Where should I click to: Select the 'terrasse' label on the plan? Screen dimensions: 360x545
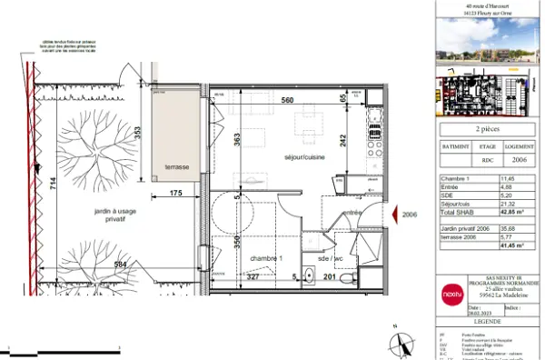170,167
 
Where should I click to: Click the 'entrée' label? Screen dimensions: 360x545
352,213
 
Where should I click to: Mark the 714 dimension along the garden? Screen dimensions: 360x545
53,182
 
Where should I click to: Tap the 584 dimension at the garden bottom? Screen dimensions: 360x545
119,265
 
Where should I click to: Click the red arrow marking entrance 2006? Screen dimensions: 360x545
394,215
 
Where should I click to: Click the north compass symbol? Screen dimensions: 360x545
396,343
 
